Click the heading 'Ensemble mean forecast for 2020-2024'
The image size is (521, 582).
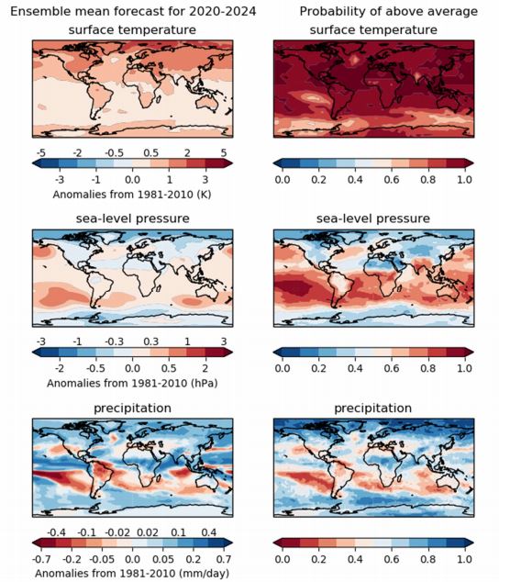coord(133,12)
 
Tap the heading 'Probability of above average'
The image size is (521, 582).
coord(389,12)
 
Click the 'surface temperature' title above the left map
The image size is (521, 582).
coord(132,29)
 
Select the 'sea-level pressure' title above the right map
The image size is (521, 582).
coord(373,218)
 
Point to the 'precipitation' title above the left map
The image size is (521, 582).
coord(132,408)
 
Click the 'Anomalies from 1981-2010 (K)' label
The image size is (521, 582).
coord(132,195)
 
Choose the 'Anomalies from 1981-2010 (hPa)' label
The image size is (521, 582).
coord(132,383)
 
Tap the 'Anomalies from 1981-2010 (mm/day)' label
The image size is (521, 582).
coord(132,573)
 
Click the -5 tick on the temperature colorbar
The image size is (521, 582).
coord(41,153)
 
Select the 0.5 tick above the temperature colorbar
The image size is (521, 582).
coord(151,153)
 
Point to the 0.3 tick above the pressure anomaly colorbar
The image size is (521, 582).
coord(151,341)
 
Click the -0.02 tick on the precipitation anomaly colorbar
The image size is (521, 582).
coord(117,532)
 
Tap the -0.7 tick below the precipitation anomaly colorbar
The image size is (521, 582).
coord(41,559)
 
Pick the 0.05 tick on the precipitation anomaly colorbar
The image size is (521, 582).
coord(163,559)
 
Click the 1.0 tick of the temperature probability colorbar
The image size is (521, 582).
coord(464,180)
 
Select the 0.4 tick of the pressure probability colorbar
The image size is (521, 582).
coord(355,368)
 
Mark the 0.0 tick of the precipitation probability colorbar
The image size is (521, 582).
coord(283,559)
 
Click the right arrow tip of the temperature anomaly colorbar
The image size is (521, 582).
coord(232,163)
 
